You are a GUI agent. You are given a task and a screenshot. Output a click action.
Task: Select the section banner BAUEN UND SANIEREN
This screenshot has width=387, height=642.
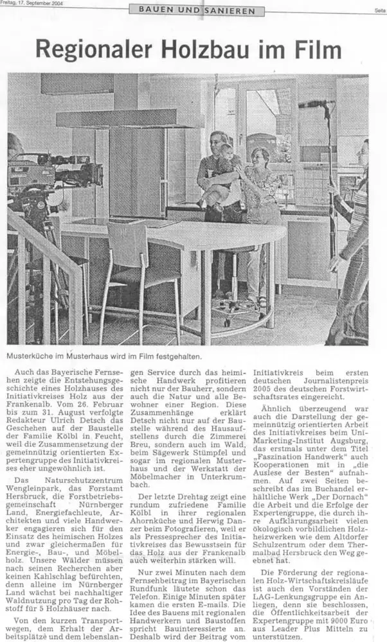pyautogui.click(x=197, y=10)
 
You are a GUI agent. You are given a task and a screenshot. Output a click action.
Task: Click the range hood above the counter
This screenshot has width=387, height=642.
pyautogui.click(x=129, y=118)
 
